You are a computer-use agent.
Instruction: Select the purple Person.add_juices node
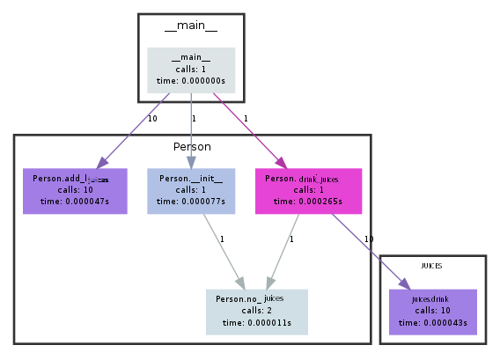[75, 190]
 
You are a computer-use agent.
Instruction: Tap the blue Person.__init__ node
[190, 190]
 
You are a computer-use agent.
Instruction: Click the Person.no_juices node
[256, 311]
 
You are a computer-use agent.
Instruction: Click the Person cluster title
[191, 146]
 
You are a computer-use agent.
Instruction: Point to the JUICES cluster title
[431, 265]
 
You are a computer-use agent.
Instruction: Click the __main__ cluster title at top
[190, 26]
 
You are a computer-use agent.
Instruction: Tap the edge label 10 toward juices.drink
[368, 239]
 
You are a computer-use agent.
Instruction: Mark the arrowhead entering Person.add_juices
[101, 163]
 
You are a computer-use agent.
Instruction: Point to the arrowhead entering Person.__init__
[190, 163]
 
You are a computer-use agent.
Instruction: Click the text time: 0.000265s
[307, 202]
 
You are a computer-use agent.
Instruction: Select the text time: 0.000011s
[256, 322]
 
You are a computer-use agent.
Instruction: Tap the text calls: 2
[256, 311]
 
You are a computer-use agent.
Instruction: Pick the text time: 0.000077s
[190, 202]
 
